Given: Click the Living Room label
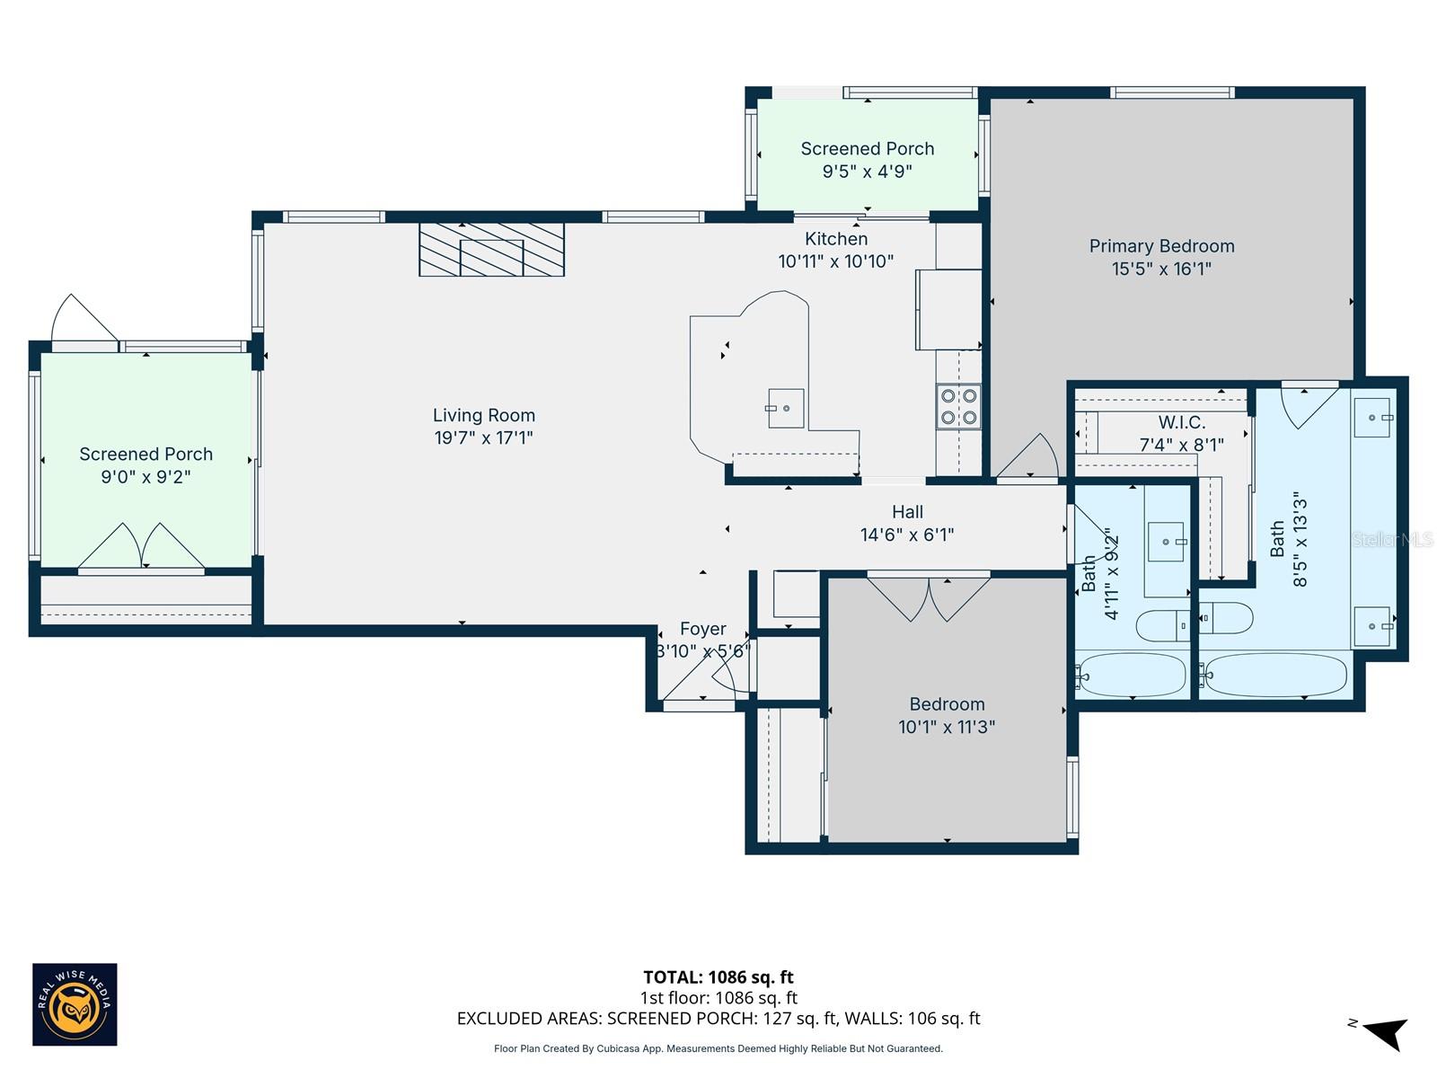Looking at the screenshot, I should (x=483, y=415).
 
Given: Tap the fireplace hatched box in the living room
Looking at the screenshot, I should (x=491, y=250).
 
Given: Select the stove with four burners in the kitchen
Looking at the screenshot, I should (x=958, y=406).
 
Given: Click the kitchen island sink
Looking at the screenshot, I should (x=786, y=409).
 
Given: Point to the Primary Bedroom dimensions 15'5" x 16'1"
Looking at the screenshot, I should (x=1161, y=269).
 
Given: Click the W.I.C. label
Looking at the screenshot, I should (x=1181, y=422).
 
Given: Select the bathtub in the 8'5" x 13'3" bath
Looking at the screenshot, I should (x=1275, y=675).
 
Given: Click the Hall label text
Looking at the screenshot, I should (x=907, y=512).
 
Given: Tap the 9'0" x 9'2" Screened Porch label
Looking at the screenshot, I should (x=145, y=465).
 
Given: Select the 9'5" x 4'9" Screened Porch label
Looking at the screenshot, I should (x=867, y=160).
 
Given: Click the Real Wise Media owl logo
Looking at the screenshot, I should (x=75, y=1004).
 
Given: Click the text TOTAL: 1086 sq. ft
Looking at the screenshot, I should (x=718, y=977).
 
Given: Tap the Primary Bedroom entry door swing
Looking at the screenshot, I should (x=1033, y=458).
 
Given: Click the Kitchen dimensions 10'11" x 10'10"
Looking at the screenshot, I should (x=835, y=261).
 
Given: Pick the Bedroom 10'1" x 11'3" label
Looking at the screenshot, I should (x=947, y=715).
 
